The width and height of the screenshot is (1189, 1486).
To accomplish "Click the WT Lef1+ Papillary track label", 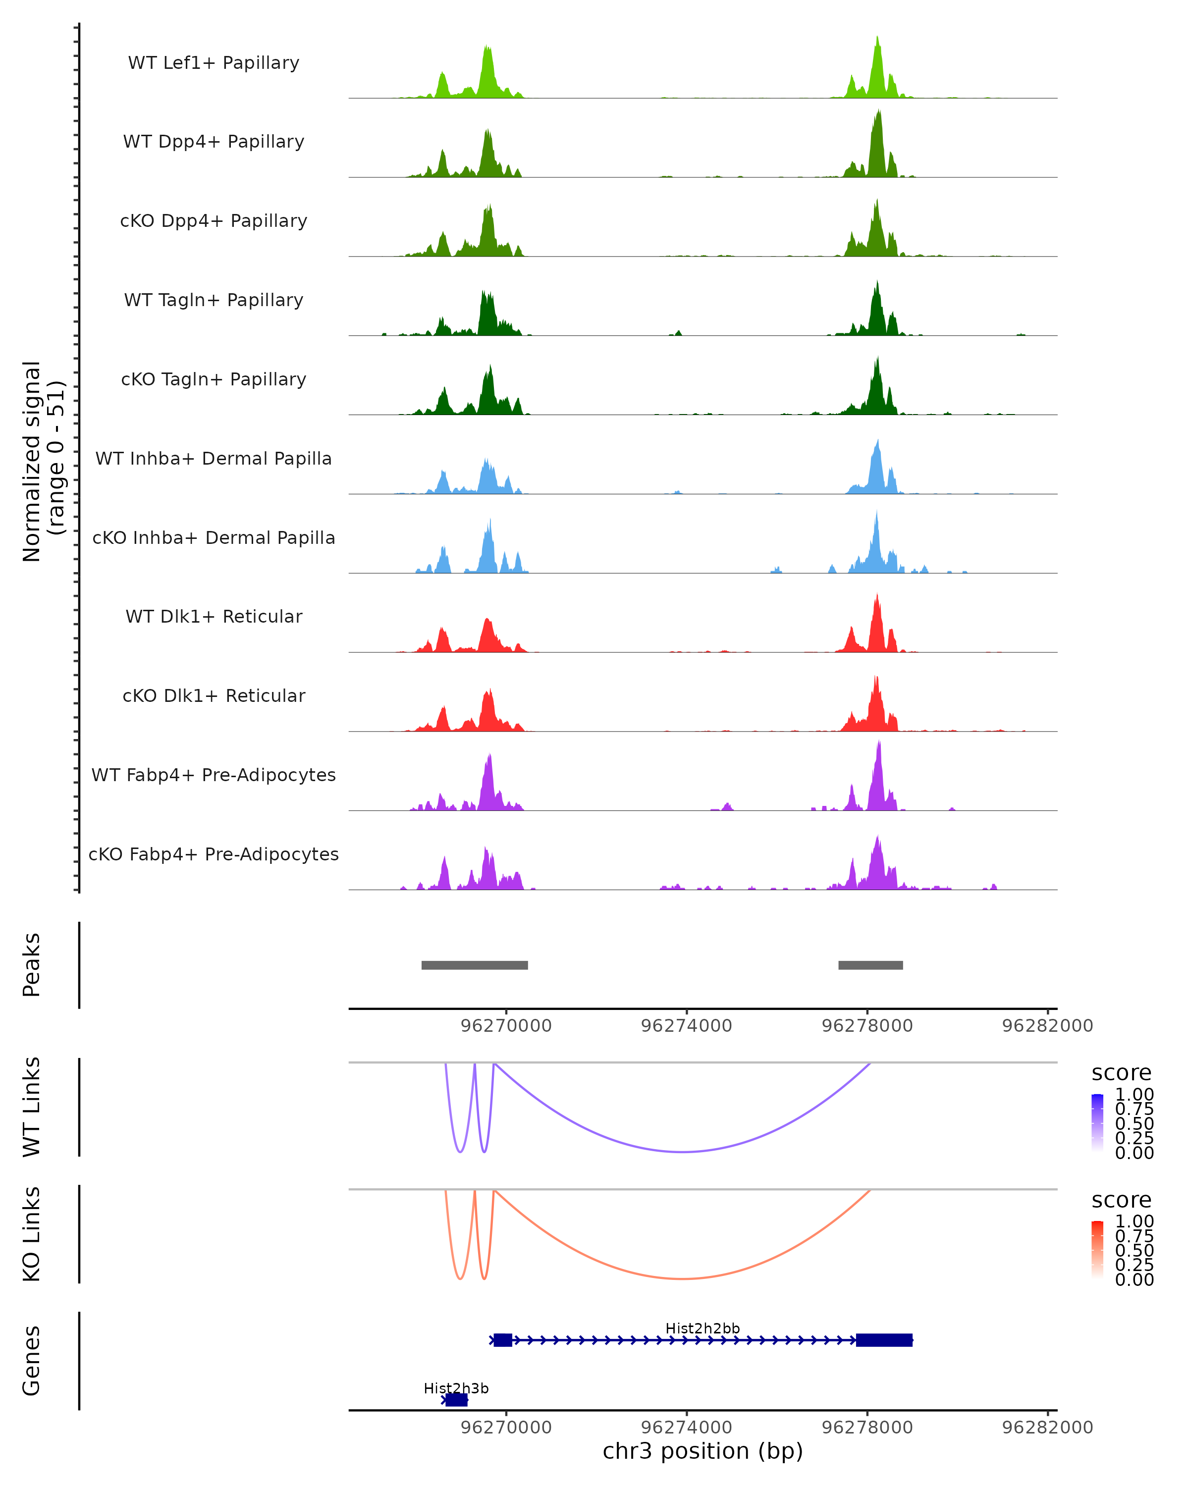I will click(x=214, y=63).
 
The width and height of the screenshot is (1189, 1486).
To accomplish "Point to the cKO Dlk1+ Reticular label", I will click(x=214, y=695).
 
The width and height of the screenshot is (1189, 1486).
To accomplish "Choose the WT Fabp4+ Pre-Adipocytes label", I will click(x=214, y=775).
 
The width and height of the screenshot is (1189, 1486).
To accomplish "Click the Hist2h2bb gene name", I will click(x=703, y=1328).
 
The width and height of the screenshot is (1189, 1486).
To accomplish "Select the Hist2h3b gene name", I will click(x=456, y=1388).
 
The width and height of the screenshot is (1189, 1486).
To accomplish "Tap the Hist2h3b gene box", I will click(x=456, y=1400).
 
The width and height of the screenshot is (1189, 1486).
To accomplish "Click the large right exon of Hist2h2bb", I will click(x=884, y=1340).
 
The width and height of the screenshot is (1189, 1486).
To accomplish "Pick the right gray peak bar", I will click(x=870, y=965).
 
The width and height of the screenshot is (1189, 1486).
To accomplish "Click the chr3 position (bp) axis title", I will click(x=703, y=1451).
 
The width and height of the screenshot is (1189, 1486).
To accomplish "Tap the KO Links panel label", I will click(x=32, y=1234).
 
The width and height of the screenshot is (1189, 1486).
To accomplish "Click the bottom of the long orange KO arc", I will click(x=682, y=1278).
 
